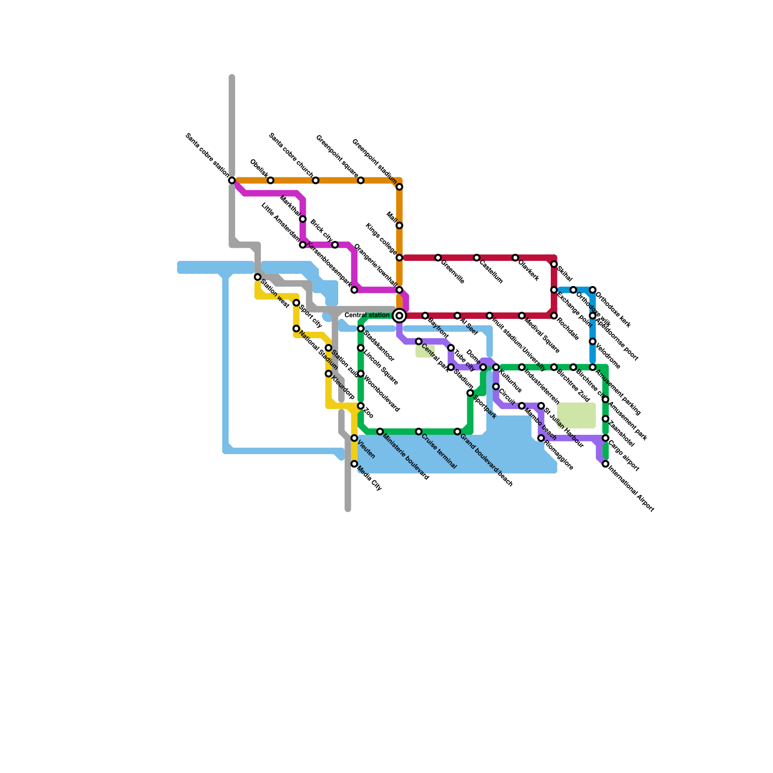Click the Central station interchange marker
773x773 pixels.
coord(399,315)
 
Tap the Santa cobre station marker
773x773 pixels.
coord(232,180)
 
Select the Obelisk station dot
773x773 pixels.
coord(271,180)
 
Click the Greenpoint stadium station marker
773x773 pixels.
coord(399,187)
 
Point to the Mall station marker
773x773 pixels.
coord(399,226)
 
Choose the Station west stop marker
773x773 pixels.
coord(258,277)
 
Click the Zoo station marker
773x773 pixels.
coord(360,406)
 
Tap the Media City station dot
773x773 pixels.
coord(354,464)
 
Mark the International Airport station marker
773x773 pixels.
coord(605,464)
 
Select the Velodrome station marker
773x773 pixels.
coord(592,342)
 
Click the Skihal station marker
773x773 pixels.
coord(554,264)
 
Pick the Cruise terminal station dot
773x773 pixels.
coord(418,431)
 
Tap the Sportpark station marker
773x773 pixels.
coord(470,393)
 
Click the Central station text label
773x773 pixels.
coord(367,315)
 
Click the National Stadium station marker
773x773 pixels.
coord(296,329)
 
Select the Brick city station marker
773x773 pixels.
coord(335,245)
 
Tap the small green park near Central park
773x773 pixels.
coord(425,351)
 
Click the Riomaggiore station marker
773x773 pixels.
coord(541,438)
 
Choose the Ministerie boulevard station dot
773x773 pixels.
coord(380,431)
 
